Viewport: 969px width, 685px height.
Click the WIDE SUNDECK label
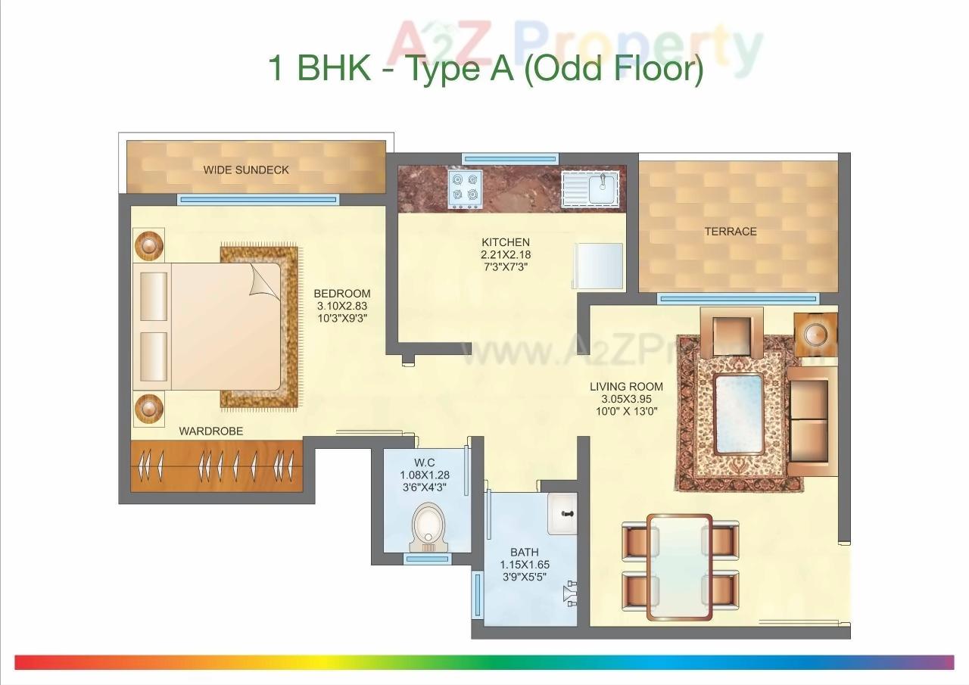click(x=246, y=170)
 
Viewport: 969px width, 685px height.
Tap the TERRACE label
click(x=731, y=232)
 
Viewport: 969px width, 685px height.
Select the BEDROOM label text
click(x=342, y=294)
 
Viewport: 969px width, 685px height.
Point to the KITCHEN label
click(x=505, y=242)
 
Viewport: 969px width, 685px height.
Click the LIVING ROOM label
click(x=626, y=387)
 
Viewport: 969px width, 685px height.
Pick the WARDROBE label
click(x=211, y=431)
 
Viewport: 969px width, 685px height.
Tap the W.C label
click(x=423, y=462)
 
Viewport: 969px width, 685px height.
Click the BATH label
click(x=524, y=552)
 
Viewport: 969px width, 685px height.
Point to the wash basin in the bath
click(x=562, y=513)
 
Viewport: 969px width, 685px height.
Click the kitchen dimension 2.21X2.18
click(x=505, y=255)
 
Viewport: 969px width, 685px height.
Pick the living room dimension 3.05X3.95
click(x=626, y=399)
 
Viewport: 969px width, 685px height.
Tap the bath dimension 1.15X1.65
click(x=524, y=565)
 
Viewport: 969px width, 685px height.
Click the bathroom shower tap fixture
click(x=570, y=593)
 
